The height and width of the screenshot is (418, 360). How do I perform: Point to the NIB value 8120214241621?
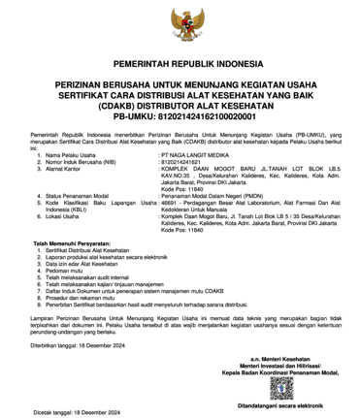[184, 162]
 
